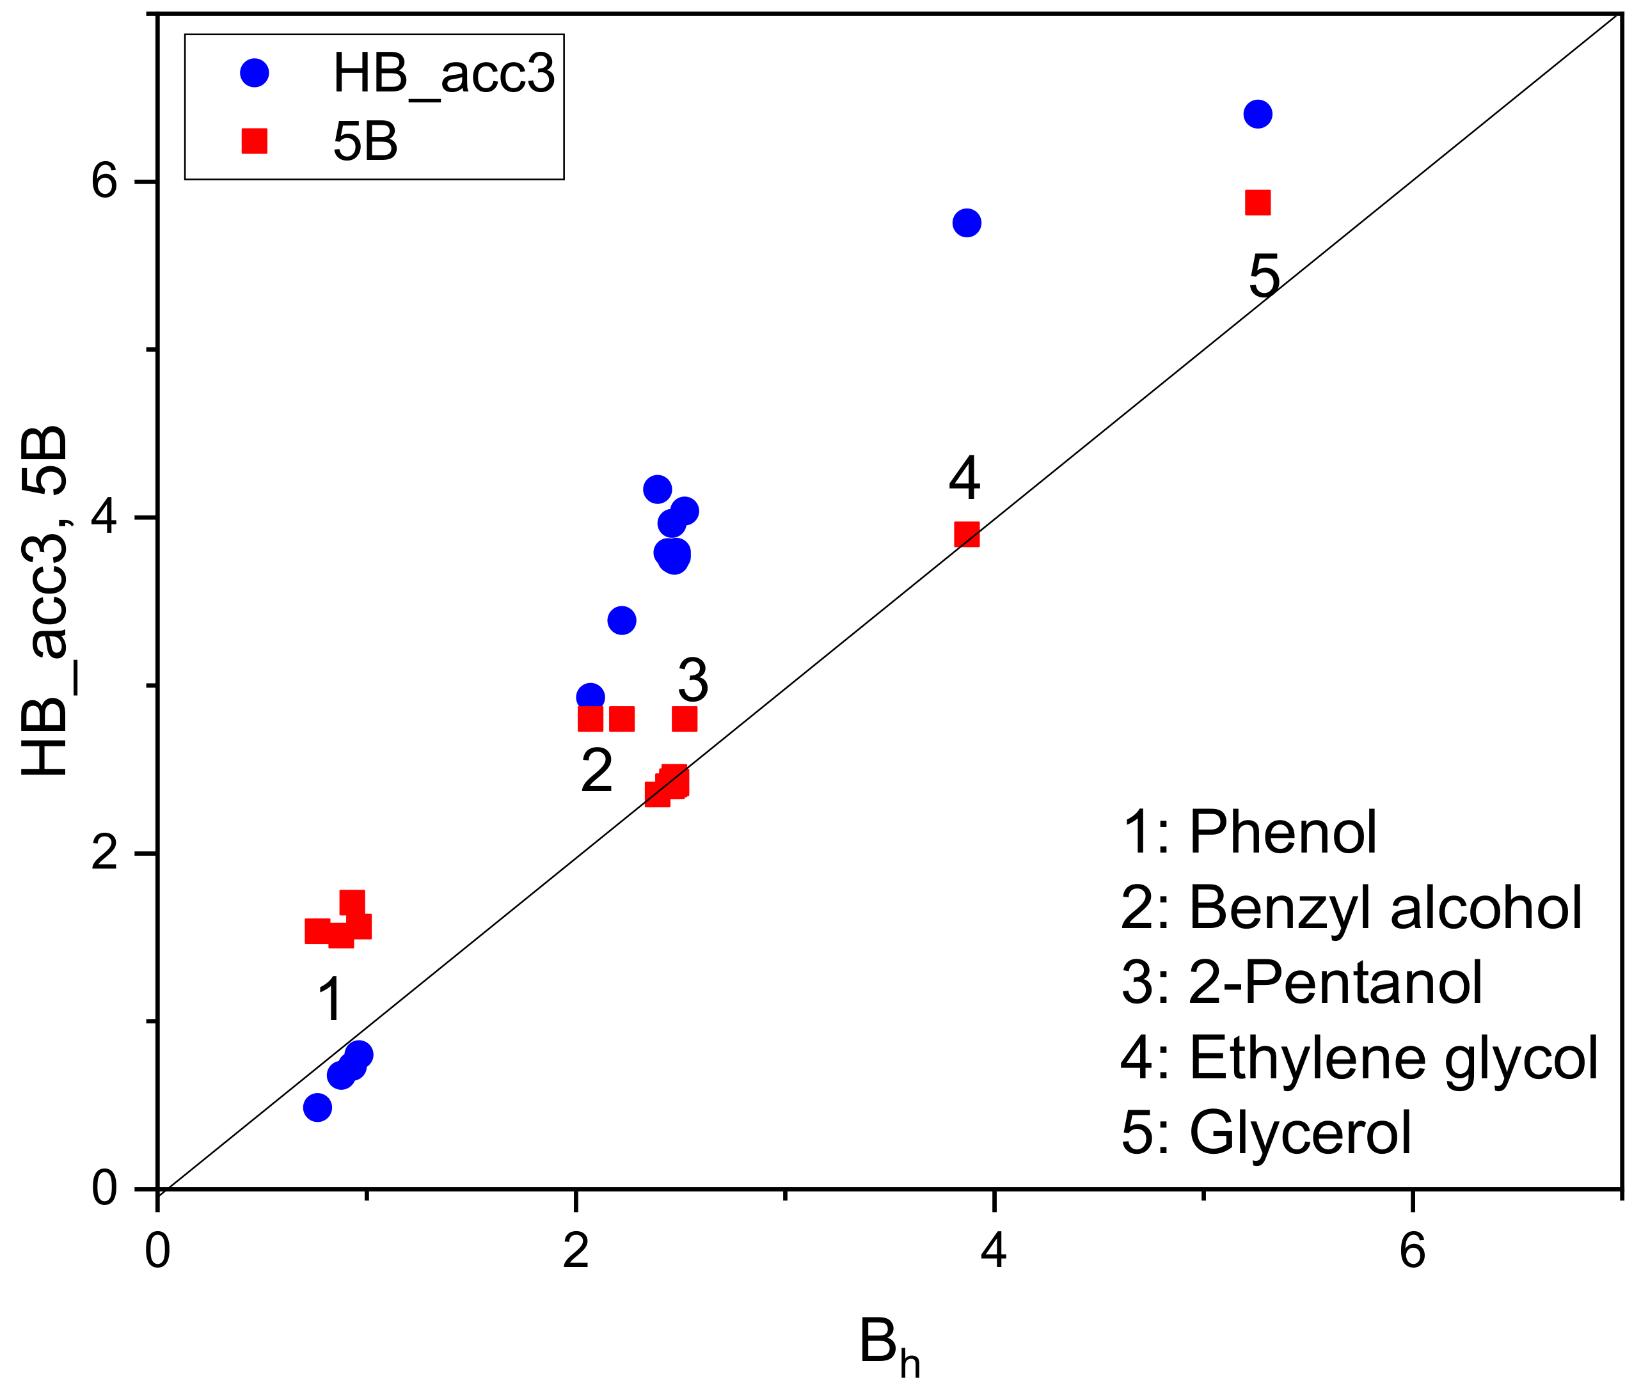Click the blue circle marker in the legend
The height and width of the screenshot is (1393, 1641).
pos(253,73)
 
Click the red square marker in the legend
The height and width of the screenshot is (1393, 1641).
pos(253,141)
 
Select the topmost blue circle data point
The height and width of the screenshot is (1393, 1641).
pos(1257,114)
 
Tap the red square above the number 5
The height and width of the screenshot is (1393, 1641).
pos(1257,202)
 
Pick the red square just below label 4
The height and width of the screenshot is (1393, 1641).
pos(967,535)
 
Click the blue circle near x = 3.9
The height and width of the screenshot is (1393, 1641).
pos(967,223)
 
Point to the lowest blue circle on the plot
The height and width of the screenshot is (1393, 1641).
pos(317,1107)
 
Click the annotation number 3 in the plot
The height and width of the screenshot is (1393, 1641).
pos(693,680)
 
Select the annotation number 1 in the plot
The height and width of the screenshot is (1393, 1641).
pos(330,1000)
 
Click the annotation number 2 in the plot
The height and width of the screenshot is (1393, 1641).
pos(596,771)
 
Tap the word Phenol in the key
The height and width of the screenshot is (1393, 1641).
pos(1283,832)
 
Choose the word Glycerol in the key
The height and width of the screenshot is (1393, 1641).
pos(1300,1133)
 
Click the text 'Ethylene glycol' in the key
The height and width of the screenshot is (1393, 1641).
pos(1393,1057)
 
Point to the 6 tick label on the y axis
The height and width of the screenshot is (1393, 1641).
pos(104,181)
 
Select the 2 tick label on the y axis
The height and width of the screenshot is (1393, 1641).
pos(104,853)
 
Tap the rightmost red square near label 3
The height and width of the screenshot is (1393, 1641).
pos(684,719)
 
